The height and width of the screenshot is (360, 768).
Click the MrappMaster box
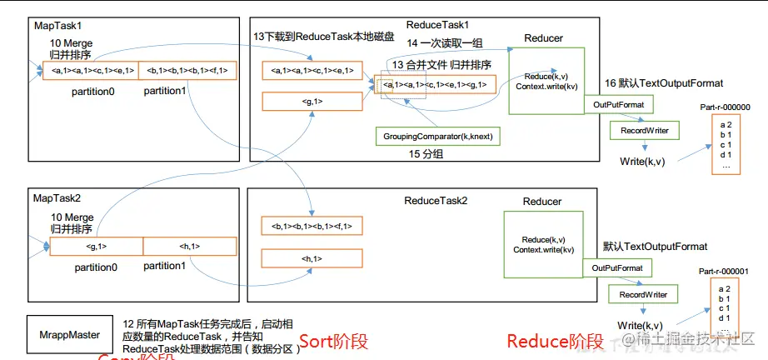click(x=71, y=335)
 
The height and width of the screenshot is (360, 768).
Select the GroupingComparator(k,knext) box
click(x=438, y=135)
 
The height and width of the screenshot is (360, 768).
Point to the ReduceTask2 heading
click(x=436, y=201)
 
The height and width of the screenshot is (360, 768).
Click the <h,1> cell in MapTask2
click(x=191, y=246)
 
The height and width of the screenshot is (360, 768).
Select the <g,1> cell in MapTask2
click(x=97, y=246)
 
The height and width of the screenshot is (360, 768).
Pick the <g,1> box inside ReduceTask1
click(x=313, y=102)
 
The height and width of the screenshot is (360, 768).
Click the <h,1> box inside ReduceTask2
click(x=313, y=259)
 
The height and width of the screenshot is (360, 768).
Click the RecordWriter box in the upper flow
click(x=640, y=131)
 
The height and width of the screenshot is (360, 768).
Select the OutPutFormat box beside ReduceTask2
click(x=617, y=268)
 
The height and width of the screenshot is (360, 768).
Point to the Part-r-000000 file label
click(x=726, y=107)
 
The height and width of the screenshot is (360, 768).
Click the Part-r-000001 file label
click(x=725, y=271)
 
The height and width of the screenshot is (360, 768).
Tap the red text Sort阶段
click(x=333, y=341)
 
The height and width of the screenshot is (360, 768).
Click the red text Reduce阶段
click(x=555, y=341)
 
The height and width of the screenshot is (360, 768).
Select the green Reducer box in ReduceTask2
click(x=543, y=244)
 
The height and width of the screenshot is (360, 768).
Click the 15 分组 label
click(x=426, y=155)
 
